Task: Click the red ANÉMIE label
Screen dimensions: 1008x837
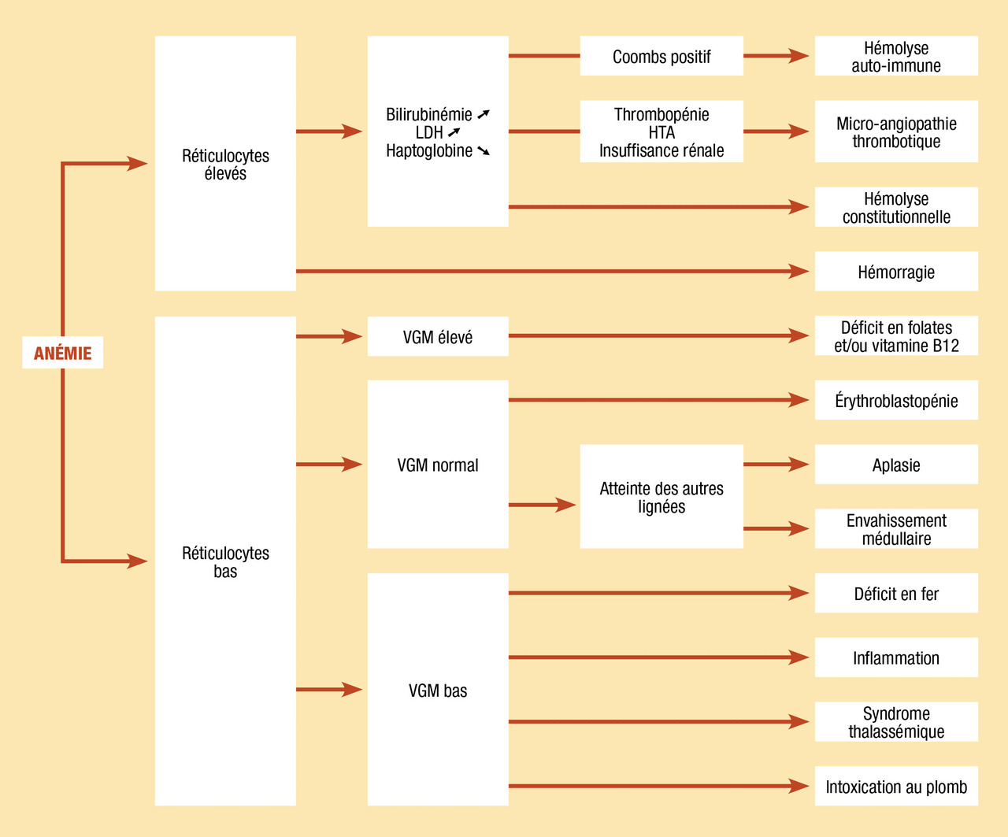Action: coord(63,353)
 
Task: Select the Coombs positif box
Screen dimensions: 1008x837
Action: coord(661,56)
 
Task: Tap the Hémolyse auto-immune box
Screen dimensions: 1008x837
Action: coord(896,56)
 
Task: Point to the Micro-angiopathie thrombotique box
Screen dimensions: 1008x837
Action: coord(896,131)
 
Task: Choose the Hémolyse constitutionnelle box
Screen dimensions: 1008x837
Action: coord(896,207)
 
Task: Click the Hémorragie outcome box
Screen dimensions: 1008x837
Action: coord(896,272)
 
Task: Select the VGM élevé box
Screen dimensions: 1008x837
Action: coord(438,336)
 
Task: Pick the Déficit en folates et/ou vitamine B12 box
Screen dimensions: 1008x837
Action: coord(896,336)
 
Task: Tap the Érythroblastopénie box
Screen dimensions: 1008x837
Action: coord(896,400)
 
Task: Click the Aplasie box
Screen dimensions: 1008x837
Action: coord(896,465)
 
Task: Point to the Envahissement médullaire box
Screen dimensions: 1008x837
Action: coord(896,528)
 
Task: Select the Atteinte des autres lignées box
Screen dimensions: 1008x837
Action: coord(661,496)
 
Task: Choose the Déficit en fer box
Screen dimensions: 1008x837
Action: coord(896,593)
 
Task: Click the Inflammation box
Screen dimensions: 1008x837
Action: coord(896,657)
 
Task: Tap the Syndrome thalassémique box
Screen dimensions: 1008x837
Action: coord(896,721)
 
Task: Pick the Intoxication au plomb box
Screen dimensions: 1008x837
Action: coord(896,787)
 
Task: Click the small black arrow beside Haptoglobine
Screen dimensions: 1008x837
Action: coord(484,150)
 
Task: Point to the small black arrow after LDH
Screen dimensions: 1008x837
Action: coord(454,131)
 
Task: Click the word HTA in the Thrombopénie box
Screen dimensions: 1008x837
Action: coord(661,132)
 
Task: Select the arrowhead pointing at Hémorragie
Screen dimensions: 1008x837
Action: coord(799,272)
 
